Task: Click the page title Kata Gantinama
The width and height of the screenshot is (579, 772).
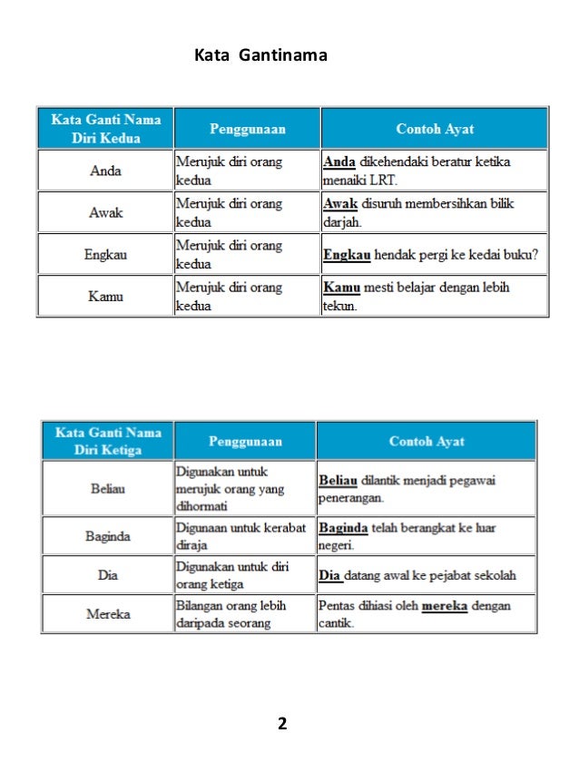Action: point(260,56)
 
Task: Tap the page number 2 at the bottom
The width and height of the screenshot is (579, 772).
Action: point(282,723)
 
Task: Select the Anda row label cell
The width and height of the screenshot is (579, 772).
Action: point(105,171)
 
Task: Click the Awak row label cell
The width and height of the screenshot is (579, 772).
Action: point(105,212)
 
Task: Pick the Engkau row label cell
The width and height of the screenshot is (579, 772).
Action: point(105,255)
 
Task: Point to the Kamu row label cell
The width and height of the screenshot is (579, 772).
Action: point(105,297)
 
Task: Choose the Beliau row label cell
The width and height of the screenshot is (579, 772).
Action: point(108,489)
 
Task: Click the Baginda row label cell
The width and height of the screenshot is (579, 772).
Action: point(108,536)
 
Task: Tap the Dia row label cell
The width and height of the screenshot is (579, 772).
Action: point(108,574)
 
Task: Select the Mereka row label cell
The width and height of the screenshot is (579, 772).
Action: point(108,614)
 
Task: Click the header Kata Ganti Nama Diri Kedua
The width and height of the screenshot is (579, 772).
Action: point(105,128)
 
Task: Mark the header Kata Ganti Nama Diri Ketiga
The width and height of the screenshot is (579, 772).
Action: point(108,441)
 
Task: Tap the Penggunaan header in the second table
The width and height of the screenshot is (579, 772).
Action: point(245,442)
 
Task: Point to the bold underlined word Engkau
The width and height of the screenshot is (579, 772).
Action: point(347,255)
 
